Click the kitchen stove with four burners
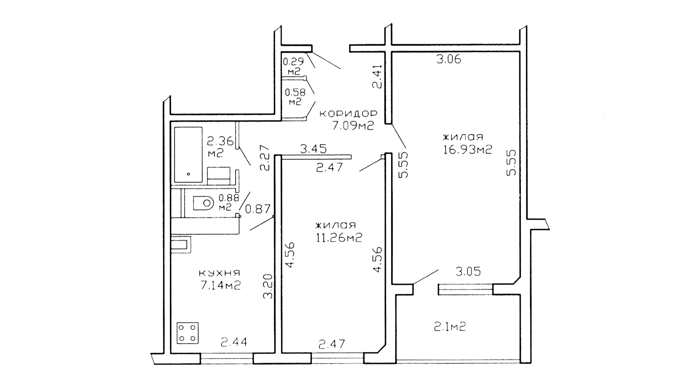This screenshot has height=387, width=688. tap(188, 333)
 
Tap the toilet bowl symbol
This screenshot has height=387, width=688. tap(203, 203)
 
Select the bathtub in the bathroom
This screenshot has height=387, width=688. tap(188, 155)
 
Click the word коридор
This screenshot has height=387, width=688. tap(348, 114)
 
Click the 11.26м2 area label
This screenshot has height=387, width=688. tap(339, 237)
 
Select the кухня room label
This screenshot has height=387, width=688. tap(219, 273)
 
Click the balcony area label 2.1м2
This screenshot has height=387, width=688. tap(450, 326)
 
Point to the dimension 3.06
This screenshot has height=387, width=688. tap(449, 60)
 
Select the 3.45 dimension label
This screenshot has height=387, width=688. tap(313, 149)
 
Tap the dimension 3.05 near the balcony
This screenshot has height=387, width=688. tap(468, 272)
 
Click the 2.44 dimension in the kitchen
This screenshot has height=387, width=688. tap(234, 342)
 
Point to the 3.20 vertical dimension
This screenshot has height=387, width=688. tap(268, 286)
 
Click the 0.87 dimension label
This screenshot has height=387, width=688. tap(258, 208)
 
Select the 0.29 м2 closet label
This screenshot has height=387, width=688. tap(293, 66)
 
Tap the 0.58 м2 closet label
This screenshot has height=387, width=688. tap(295, 97)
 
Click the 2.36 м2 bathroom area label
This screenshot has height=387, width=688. tap(220, 147)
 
